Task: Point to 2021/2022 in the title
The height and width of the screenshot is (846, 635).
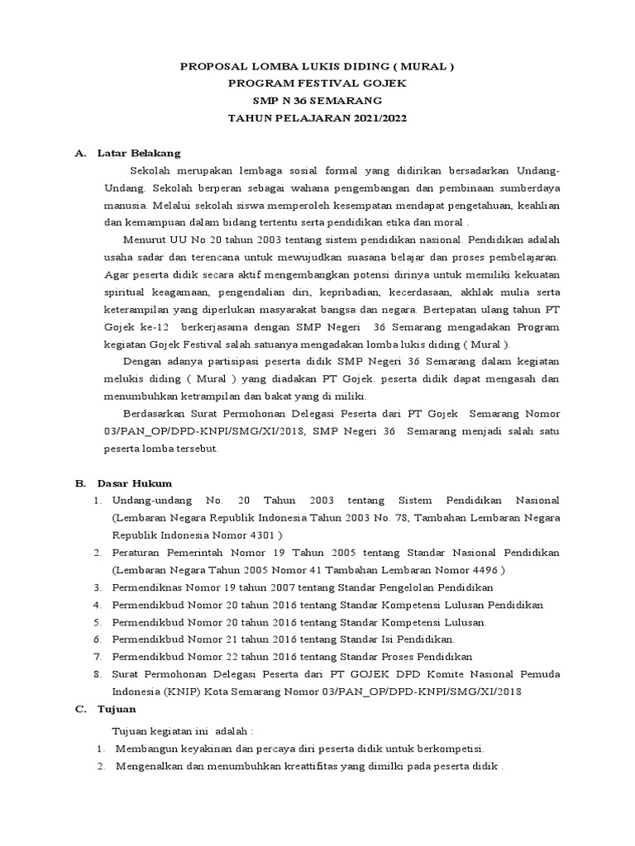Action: [x=376, y=118]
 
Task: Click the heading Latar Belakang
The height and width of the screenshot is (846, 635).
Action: [x=139, y=153]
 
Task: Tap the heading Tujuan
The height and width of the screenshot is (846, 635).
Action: [x=117, y=709]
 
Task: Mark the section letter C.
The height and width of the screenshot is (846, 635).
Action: [x=79, y=709]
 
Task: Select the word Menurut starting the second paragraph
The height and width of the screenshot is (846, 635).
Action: [x=141, y=240]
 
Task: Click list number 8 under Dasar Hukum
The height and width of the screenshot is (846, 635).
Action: [x=97, y=674]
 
